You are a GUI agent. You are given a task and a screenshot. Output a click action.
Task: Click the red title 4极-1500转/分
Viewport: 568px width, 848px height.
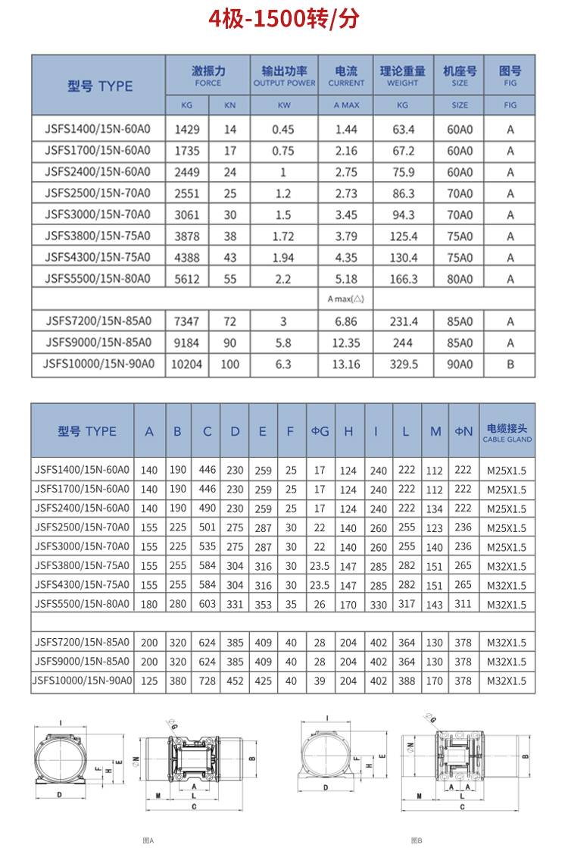point(284,19)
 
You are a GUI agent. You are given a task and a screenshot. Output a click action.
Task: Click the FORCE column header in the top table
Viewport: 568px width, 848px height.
point(208,75)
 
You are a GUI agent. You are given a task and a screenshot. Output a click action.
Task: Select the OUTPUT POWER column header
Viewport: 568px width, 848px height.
point(284,75)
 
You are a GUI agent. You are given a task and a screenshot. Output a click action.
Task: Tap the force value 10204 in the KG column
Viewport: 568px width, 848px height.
point(187,365)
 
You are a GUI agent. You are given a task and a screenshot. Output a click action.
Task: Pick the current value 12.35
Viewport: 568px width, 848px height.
point(346,343)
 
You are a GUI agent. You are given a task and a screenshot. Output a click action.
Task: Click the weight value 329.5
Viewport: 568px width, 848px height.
point(403,365)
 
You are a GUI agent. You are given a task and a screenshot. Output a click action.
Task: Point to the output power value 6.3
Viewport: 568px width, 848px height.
point(283,365)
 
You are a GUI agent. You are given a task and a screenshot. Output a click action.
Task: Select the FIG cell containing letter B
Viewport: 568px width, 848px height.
point(510,365)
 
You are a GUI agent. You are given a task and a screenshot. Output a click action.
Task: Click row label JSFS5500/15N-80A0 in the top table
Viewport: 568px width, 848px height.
point(98,279)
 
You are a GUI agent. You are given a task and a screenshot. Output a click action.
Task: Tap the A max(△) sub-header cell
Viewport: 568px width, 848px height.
point(346,299)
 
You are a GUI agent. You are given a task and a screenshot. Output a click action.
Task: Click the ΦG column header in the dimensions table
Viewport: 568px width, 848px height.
point(320,431)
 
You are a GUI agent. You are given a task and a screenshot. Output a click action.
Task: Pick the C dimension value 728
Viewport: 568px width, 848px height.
point(207,681)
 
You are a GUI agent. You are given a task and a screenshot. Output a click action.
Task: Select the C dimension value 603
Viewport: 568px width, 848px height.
point(207,605)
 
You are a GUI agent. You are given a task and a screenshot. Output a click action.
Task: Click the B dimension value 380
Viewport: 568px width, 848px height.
point(177,681)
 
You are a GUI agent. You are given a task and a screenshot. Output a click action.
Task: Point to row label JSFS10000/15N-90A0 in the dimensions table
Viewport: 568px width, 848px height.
point(83,681)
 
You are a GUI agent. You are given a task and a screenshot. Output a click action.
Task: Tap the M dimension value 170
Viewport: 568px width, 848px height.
point(435,681)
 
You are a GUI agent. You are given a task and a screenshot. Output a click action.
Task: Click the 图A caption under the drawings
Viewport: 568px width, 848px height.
point(148,840)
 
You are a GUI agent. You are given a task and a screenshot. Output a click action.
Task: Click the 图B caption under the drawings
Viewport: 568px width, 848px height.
point(417,840)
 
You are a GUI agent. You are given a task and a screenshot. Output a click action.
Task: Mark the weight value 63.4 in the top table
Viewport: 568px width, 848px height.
point(403,130)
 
